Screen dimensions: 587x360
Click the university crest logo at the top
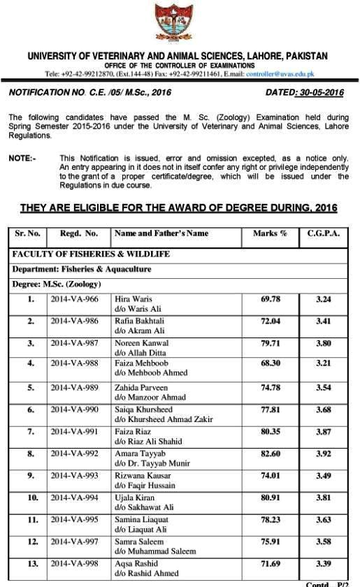point(180,24)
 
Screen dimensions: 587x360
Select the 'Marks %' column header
point(270,233)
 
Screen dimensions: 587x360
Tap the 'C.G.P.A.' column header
point(323,233)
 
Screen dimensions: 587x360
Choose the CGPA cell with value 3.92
point(323,454)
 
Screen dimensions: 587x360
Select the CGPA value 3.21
point(323,365)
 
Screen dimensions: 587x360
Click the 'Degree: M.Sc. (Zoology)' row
point(57,284)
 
